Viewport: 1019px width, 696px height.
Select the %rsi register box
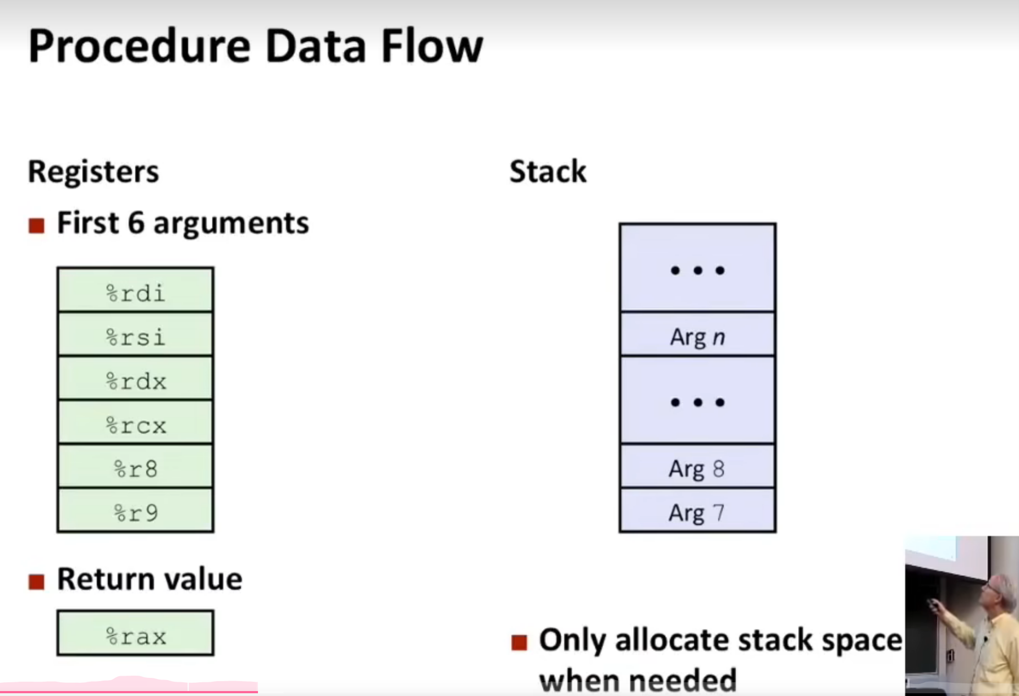(135, 335)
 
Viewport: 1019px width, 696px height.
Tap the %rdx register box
(135, 379)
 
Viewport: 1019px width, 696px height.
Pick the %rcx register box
(135, 423)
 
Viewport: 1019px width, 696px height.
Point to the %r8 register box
(135, 467)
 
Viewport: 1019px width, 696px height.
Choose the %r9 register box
(135, 511)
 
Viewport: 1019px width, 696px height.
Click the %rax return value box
(135, 633)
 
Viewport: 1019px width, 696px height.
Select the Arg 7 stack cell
(697, 511)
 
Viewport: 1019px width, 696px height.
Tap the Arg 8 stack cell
(697, 467)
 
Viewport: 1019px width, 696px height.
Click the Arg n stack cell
(697, 335)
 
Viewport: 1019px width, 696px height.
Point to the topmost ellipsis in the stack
(697, 270)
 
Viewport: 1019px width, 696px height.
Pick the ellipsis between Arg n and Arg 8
(697, 402)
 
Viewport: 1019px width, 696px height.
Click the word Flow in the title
(432, 46)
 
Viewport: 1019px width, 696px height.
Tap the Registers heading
(93, 172)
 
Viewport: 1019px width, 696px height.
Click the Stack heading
(548, 172)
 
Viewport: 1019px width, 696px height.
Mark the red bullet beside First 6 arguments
(37, 225)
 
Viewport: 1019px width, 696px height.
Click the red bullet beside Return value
(37, 582)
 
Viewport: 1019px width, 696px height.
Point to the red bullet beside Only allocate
(519, 642)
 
